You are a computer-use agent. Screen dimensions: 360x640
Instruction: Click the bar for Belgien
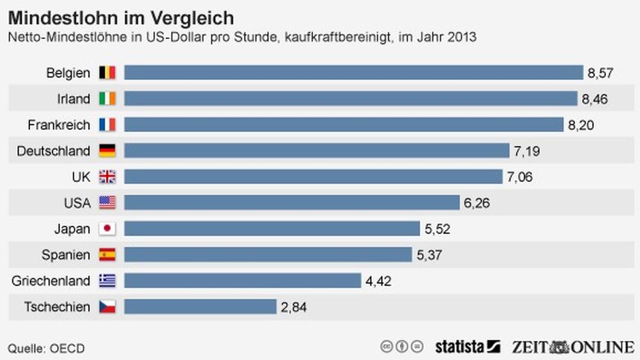[353, 72]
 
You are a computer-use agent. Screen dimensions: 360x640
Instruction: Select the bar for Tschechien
[200, 307]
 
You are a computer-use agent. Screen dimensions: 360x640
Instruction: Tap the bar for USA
[292, 203]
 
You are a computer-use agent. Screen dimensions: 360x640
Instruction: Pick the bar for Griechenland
[243, 281]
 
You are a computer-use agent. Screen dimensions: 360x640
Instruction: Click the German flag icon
[107, 151]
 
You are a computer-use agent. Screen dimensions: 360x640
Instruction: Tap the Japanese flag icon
[107, 229]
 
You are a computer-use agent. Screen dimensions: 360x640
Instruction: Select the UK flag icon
[107, 177]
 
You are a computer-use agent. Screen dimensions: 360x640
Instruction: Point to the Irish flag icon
[107, 99]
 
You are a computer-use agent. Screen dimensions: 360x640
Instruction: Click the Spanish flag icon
[107, 255]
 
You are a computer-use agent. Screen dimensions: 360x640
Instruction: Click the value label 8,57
[600, 73]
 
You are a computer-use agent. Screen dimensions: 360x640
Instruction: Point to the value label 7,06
[519, 177]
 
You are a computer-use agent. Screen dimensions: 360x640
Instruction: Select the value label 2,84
[293, 307]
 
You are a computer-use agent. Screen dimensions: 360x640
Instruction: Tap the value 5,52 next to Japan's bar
[436, 229]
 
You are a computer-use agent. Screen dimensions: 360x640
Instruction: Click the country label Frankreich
[59, 125]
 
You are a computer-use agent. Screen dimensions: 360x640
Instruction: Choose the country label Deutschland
[53, 151]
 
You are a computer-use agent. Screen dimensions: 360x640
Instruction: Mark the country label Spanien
[66, 255]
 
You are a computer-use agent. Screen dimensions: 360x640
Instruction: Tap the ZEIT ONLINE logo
[572, 347]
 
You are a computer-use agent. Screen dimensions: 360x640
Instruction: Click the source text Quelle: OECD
[46, 348]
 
